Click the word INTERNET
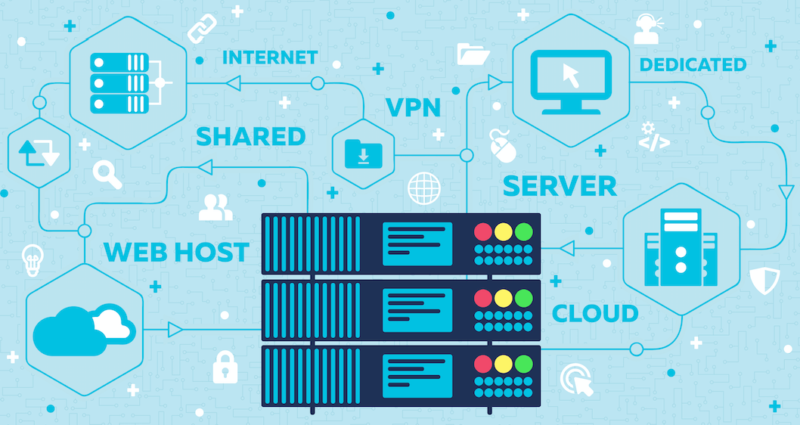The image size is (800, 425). pyautogui.click(x=269, y=57)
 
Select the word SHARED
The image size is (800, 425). pyautogui.click(x=250, y=137)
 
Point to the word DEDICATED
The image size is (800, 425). pyautogui.click(x=693, y=65)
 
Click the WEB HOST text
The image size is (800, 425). pyautogui.click(x=176, y=252)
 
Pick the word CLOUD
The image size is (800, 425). pyautogui.click(x=595, y=313)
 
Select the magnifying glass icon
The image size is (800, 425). pyautogui.click(x=107, y=174)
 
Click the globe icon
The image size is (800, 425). pyautogui.click(x=423, y=188)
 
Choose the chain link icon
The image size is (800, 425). pyautogui.click(x=202, y=29)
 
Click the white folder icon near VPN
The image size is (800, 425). pyautogui.click(x=473, y=53)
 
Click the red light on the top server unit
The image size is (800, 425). pyautogui.click(x=482, y=231)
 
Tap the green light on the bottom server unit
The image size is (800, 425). pyautogui.click(x=523, y=363)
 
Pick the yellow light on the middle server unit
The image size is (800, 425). pyautogui.click(x=503, y=297)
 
